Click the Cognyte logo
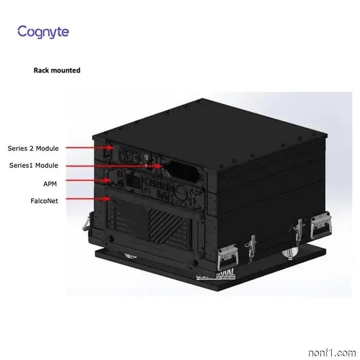43,32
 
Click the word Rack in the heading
41,70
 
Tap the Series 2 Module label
33,148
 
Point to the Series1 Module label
33,165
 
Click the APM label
50,184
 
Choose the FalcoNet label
44,201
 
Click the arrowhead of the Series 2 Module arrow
111,148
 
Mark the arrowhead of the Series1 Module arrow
158,166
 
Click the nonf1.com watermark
332,353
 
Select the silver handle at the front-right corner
227,257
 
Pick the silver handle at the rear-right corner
321,226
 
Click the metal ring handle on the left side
86,223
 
